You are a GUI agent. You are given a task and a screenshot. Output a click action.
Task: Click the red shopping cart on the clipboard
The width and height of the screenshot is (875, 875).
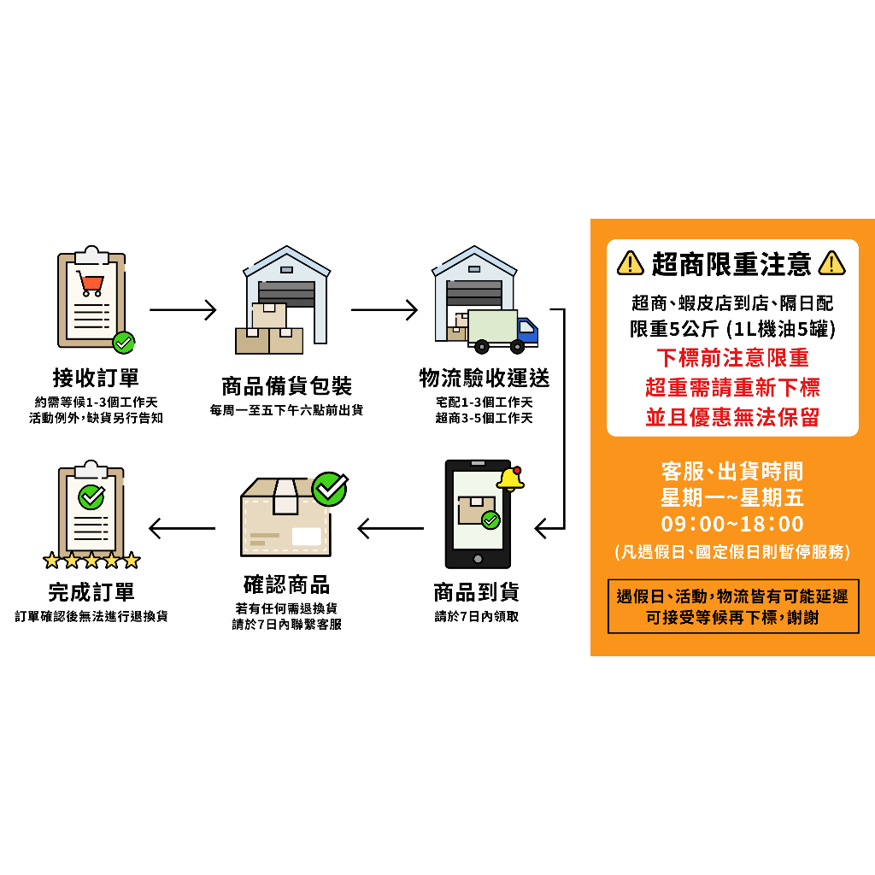(90, 283)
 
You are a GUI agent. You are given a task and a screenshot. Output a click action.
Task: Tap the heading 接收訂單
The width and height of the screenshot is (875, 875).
(95, 378)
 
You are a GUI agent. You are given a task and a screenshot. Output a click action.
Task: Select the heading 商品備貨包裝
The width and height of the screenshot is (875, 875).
(286, 385)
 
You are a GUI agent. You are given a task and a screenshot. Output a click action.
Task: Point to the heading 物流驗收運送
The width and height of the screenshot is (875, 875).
(484, 378)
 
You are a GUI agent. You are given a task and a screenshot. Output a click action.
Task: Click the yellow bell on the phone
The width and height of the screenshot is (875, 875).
(510, 479)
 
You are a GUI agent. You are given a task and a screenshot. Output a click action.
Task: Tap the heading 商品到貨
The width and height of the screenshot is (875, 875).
(476, 592)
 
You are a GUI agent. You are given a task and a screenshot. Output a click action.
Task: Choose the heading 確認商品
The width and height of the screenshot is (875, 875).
(286, 585)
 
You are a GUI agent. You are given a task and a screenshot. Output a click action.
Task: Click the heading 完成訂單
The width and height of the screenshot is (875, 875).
(91, 592)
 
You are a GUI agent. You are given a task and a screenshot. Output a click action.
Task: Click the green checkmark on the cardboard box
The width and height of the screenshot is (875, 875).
(329, 489)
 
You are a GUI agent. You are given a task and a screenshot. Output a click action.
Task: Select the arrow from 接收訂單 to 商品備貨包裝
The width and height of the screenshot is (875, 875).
(183, 309)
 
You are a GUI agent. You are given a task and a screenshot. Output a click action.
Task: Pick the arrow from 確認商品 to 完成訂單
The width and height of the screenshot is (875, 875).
(182, 528)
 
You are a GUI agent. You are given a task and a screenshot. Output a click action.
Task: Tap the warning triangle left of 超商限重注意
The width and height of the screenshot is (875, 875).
(630, 263)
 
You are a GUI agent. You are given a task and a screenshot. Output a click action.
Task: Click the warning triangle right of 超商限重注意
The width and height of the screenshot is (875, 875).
(831, 263)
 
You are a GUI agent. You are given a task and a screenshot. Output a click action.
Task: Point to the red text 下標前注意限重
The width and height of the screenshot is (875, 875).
(732, 357)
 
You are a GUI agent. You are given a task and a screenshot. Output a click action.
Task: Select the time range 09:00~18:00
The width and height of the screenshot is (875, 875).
(732, 524)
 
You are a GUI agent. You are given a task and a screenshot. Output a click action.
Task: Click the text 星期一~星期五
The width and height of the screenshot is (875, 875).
(732, 497)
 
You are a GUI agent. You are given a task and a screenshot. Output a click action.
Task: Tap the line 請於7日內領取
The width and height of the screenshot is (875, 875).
(476, 616)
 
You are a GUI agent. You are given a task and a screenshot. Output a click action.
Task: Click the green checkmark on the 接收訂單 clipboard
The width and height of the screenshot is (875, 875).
(124, 343)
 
